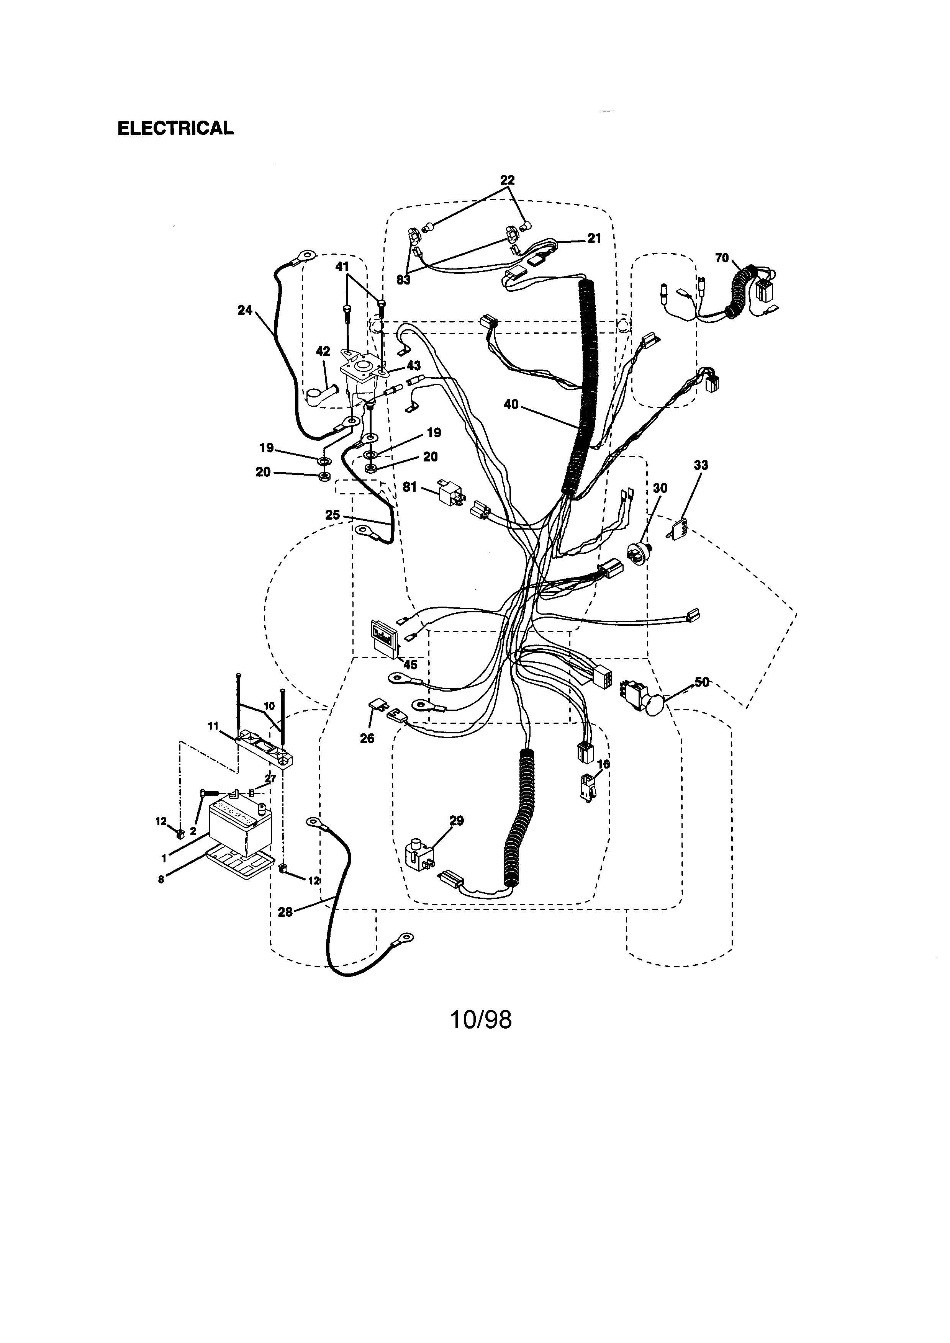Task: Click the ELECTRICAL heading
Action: tap(175, 128)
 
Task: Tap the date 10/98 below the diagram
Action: tap(480, 1019)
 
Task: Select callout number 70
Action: tap(722, 257)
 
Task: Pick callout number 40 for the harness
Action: tap(511, 404)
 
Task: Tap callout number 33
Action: tap(700, 465)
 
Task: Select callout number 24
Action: tap(244, 310)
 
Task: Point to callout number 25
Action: tap(332, 515)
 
